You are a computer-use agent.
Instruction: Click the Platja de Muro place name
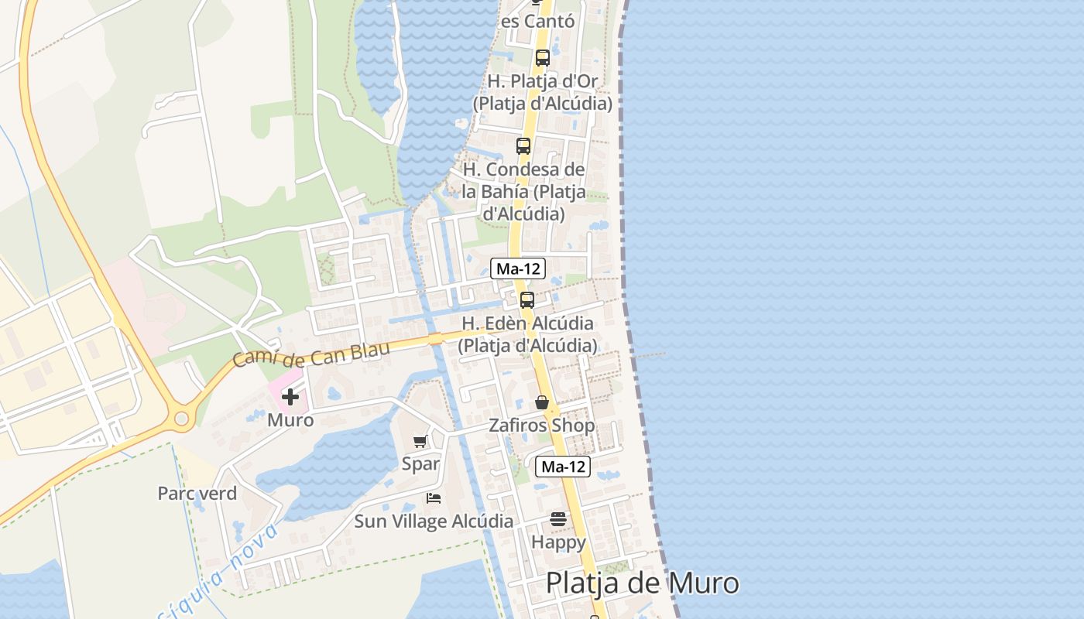642,583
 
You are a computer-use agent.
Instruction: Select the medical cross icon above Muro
290,397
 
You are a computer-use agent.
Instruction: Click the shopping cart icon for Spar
420,441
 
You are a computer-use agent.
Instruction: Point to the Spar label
420,464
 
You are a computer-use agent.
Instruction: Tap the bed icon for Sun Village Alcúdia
434,498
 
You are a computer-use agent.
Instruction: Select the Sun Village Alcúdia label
434,522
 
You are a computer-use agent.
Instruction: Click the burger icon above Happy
558,519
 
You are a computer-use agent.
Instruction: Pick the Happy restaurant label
558,542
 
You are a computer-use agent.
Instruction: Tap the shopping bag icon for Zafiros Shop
542,402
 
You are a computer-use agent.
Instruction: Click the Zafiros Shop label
542,426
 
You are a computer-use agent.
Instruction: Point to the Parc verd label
197,493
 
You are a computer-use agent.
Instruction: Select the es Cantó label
538,21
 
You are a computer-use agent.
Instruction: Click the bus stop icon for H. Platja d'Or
543,57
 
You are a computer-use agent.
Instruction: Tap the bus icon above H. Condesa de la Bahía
523,145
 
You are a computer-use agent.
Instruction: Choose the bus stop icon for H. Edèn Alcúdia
527,300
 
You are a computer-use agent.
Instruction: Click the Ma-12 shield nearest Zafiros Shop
563,467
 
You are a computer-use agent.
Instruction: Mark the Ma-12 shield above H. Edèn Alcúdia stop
518,268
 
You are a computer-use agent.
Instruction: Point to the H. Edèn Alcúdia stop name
527,334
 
